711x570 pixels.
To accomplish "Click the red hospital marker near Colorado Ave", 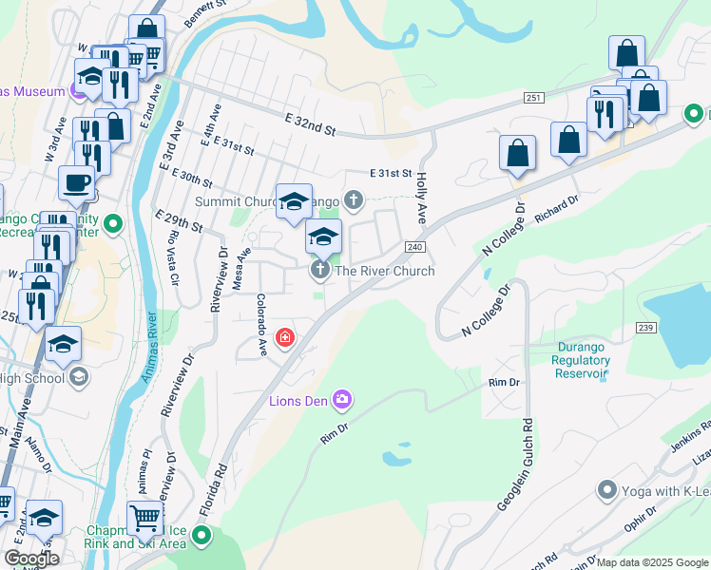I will (x=284, y=337).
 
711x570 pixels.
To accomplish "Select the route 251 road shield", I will (x=532, y=99).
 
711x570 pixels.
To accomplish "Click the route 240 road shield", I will (x=413, y=247).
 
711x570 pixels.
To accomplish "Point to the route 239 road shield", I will (x=647, y=327).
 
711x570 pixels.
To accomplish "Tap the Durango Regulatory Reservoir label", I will (x=582, y=366).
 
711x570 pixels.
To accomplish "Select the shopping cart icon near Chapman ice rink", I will (x=144, y=518).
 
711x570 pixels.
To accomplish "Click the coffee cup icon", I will (x=75, y=180).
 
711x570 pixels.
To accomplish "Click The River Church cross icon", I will (x=320, y=272).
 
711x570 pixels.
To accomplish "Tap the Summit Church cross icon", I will (x=355, y=200).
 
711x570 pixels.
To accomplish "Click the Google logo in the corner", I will (x=31, y=559).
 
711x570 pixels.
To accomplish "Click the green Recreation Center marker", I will (x=113, y=225).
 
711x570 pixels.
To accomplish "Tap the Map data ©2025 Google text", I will (x=652, y=562).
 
